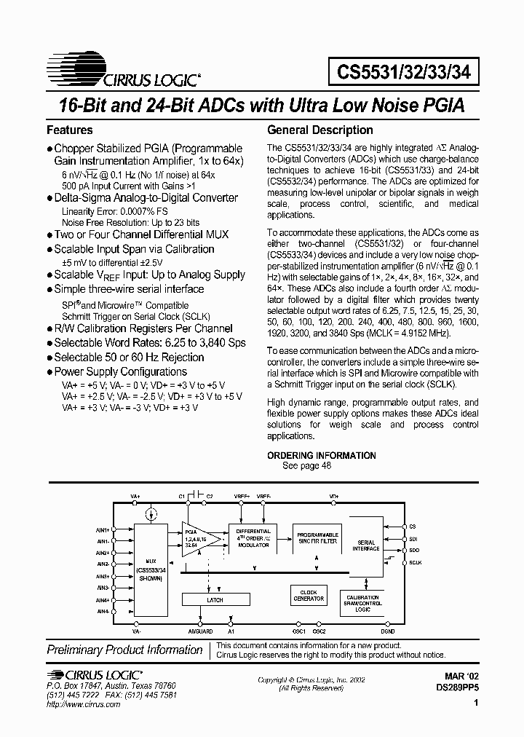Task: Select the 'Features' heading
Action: (70, 130)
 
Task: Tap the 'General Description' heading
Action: (320, 130)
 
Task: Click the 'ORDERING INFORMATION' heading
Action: (322, 456)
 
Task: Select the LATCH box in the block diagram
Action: (215, 600)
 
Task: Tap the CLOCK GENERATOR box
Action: (309, 595)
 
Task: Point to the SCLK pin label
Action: (416, 562)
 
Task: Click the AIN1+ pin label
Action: (102, 529)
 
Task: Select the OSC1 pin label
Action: (298, 631)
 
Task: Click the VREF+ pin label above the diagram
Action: (242, 496)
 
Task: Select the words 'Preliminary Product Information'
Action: (124, 650)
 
